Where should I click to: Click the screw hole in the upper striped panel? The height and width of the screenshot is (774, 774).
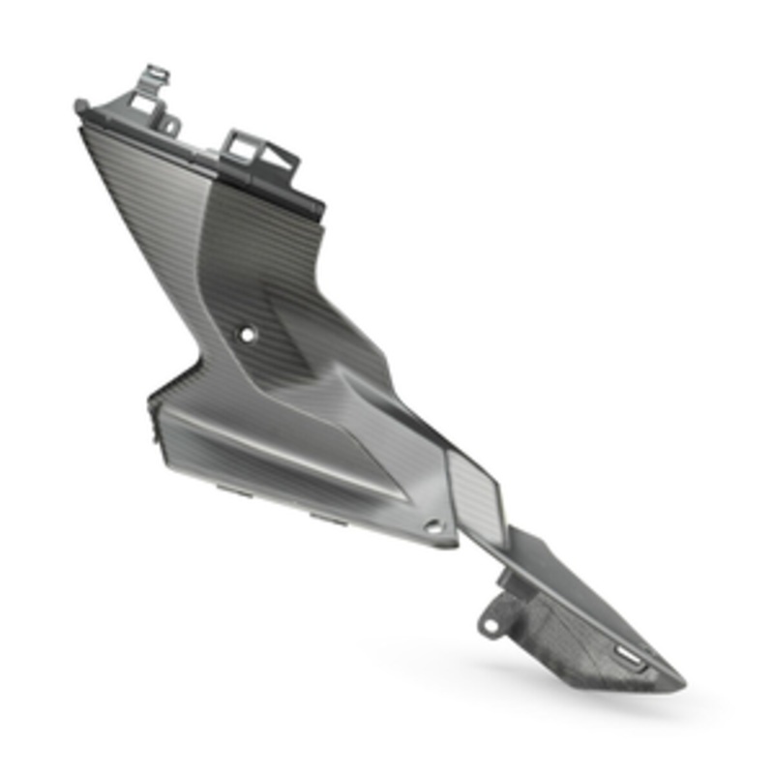(248, 334)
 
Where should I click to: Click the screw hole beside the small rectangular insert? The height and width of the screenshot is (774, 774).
(432, 527)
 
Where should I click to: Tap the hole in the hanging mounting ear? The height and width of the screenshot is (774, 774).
(491, 625)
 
